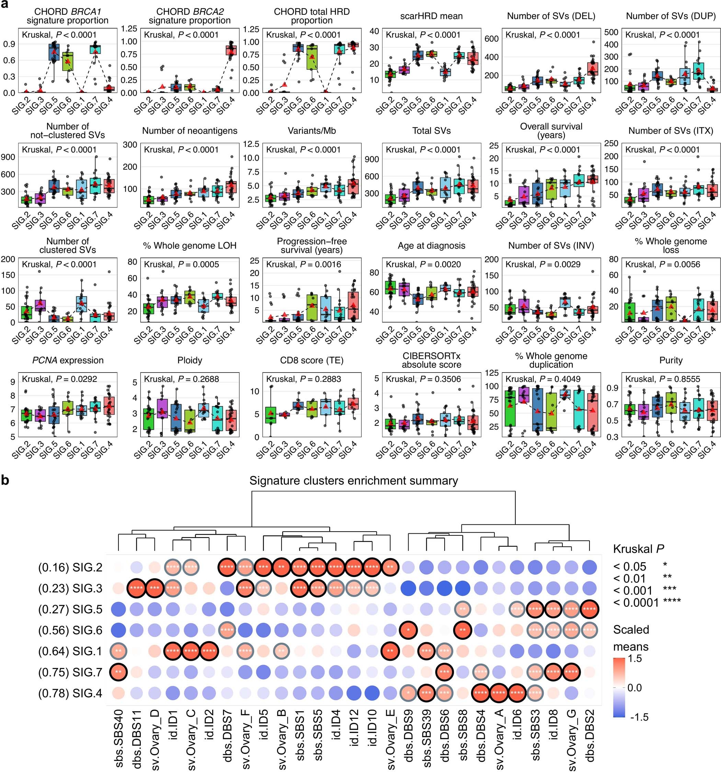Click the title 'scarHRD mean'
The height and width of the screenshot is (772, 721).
[x=431, y=16]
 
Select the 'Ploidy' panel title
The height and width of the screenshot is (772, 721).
[x=190, y=360]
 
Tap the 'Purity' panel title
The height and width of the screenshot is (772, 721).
[x=671, y=360]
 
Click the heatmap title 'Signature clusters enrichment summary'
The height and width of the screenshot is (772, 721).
[x=353, y=481]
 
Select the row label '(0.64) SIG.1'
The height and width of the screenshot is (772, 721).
[x=70, y=651]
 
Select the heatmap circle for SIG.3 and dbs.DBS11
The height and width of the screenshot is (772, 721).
[x=137, y=588]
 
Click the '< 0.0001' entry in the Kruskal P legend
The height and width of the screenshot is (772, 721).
[x=636, y=603]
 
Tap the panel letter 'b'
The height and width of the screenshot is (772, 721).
[x=5, y=480]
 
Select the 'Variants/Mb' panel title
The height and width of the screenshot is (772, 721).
[x=311, y=131]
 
